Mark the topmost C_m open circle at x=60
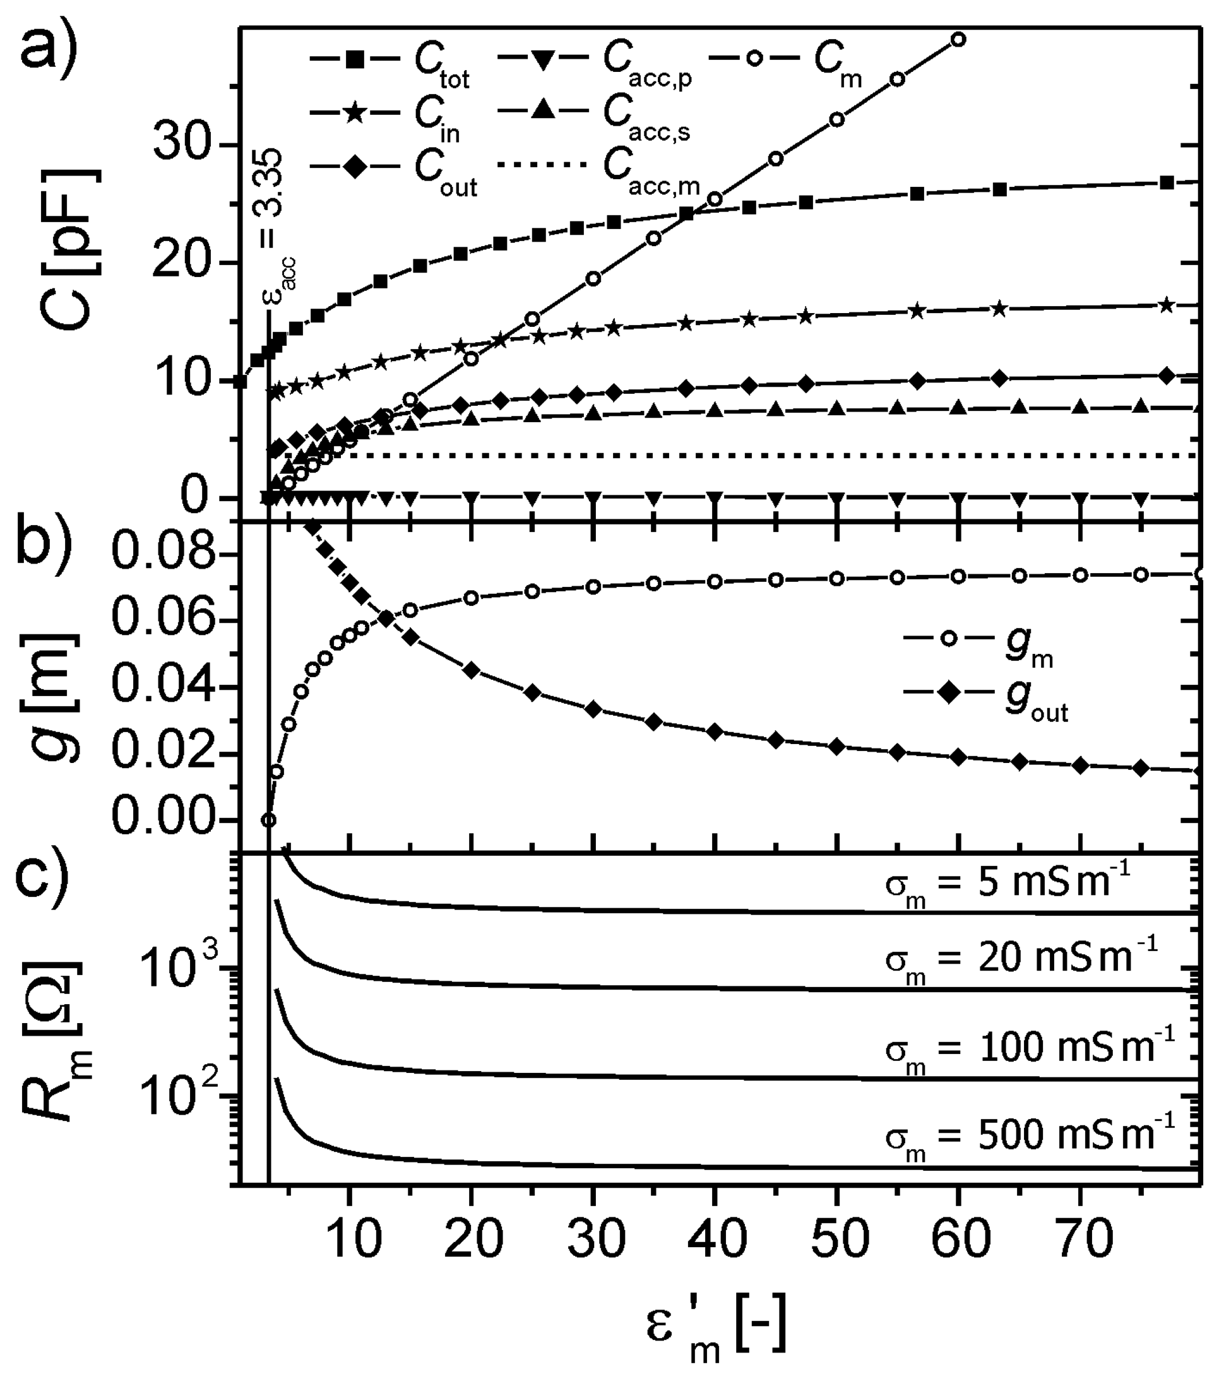pyautogui.click(x=958, y=39)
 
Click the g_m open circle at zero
pyautogui.click(x=269, y=820)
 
